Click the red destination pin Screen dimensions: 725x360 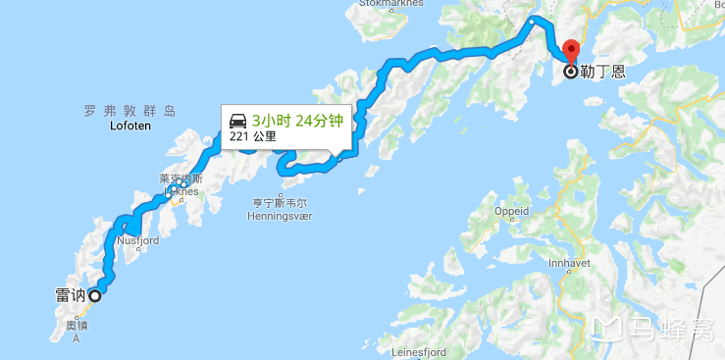point(572,51)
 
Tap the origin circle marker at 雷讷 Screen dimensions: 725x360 point(95,295)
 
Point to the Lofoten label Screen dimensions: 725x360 point(129,127)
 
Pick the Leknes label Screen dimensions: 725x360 point(181,191)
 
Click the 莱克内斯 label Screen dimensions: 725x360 point(181,179)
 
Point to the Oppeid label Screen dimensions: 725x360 point(511,211)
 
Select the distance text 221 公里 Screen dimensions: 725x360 point(253,137)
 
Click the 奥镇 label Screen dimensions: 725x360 point(77,326)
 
